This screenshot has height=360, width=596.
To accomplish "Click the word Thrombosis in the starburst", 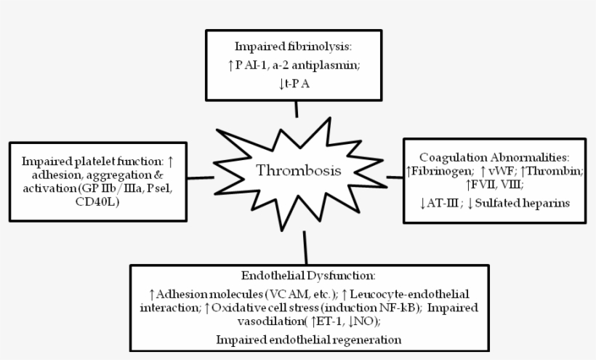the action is pyautogui.click(x=299, y=170).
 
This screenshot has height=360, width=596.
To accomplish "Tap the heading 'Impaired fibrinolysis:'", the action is pyautogui.click(x=293, y=47).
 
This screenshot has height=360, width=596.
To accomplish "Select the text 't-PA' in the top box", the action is pyautogui.click(x=297, y=84).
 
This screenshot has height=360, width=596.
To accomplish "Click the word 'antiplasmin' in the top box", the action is pyautogui.click(x=325, y=65).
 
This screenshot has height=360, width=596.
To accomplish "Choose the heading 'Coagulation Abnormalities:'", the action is pyautogui.click(x=494, y=157).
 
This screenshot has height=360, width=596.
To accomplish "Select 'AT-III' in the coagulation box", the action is pyautogui.click(x=443, y=203).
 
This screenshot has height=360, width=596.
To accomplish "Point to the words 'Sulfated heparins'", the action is pyautogui.click(x=523, y=203).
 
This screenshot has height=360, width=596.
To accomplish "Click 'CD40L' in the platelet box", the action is pyautogui.click(x=97, y=201).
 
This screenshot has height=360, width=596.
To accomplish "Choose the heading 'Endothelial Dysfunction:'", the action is pyautogui.click(x=308, y=275).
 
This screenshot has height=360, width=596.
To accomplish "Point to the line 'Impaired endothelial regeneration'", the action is pyautogui.click(x=309, y=340).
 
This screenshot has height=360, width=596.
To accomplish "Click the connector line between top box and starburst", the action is pyautogui.click(x=297, y=109).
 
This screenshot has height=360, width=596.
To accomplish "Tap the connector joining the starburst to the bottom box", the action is pyautogui.click(x=305, y=248).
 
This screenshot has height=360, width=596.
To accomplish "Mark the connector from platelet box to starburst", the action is pyautogui.click(x=201, y=177).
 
